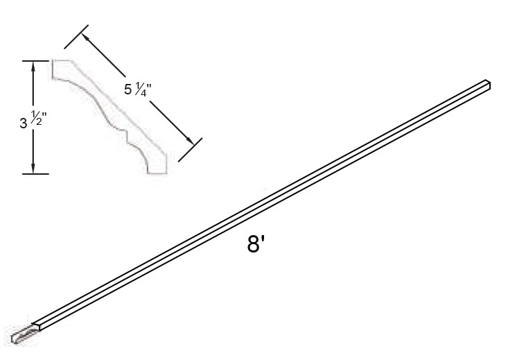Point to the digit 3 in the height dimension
[x=23, y=124]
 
